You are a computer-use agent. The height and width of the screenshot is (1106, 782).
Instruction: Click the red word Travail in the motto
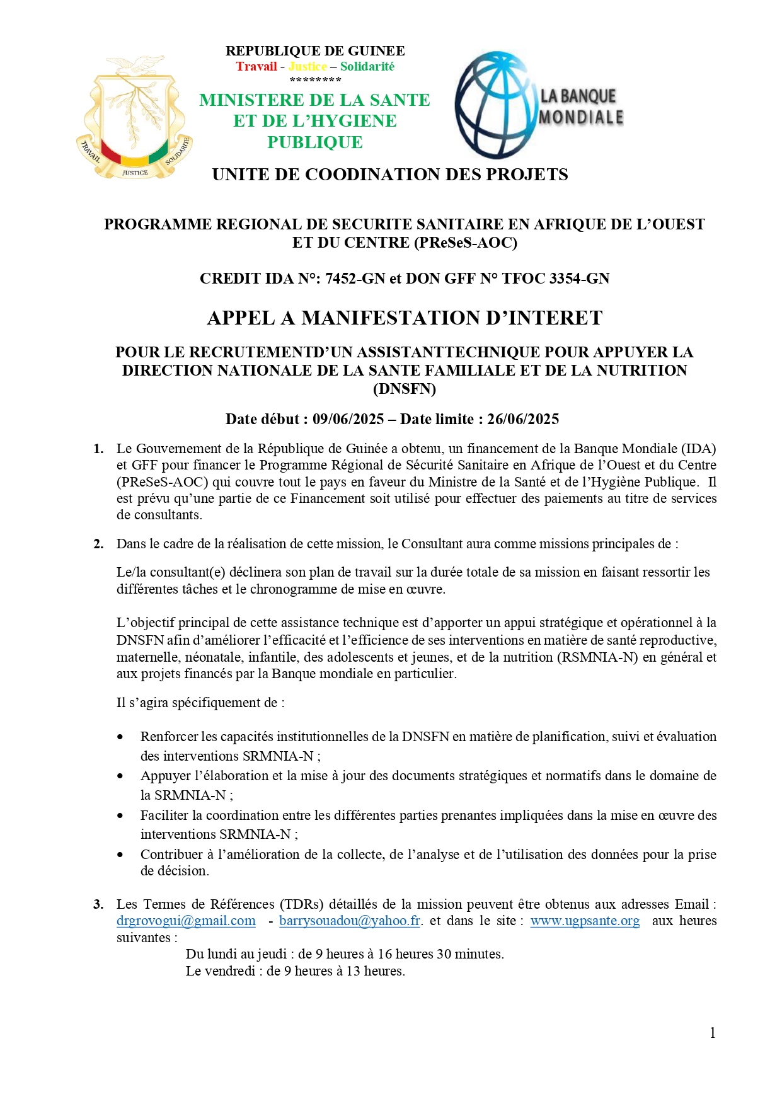coord(256,67)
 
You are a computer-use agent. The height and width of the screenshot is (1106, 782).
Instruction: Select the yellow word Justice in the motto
coord(308,67)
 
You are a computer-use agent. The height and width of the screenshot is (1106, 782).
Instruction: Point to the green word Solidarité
coord(367,67)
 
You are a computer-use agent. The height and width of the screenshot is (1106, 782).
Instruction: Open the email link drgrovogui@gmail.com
coord(186,921)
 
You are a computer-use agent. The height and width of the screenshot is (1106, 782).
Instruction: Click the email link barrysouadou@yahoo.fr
coord(350,921)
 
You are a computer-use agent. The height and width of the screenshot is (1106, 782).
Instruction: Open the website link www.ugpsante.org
coord(585,921)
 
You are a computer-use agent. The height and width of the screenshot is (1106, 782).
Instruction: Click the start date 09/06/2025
coord(348,420)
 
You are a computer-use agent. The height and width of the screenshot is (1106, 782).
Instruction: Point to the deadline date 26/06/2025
coord(522,420)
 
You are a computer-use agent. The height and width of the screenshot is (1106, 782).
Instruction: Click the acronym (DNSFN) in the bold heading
coord(405,389)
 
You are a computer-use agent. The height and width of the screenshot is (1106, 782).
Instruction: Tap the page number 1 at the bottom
coord(713,1033)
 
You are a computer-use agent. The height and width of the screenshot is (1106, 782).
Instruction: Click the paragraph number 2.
coord(98,544)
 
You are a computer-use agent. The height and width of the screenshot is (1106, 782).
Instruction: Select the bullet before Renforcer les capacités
coord(120,737)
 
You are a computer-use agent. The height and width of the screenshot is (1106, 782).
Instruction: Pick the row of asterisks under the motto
coord(315,80)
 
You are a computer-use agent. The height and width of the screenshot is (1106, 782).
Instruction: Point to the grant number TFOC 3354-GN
coord(555,279)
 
